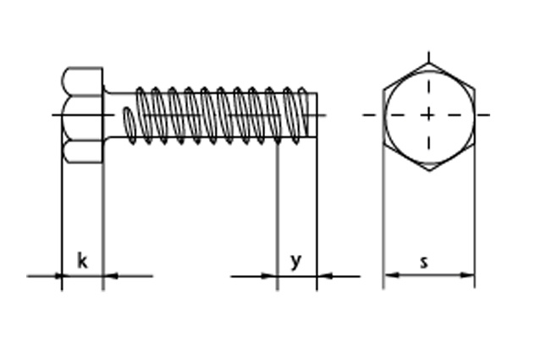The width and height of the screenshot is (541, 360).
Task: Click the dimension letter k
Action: pyautogui.click(x=82, y=261)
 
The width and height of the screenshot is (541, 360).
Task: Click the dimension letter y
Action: pyautogui.click(x=296, y=262)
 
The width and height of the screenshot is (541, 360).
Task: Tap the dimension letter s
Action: pyautogui.click(x=424, y=263)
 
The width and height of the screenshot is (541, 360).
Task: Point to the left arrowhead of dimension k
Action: pyautogui.click(x=58, y=276)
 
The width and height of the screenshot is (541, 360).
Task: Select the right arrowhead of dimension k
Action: pyautogui.click(x=110, y=276)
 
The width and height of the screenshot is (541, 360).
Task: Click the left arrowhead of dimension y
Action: pyautogui.click(x=270, y=276)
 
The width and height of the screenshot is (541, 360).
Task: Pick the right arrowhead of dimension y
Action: pyautogui.click(x=324, y=276)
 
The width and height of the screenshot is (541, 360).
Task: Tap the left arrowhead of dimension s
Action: pyautogui.click(x=392, y=275)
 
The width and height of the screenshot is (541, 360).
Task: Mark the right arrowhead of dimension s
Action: pyautogui.click(x=467, y=275)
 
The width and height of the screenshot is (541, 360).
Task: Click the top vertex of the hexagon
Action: pyautogui.click(x=429, y=63)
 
